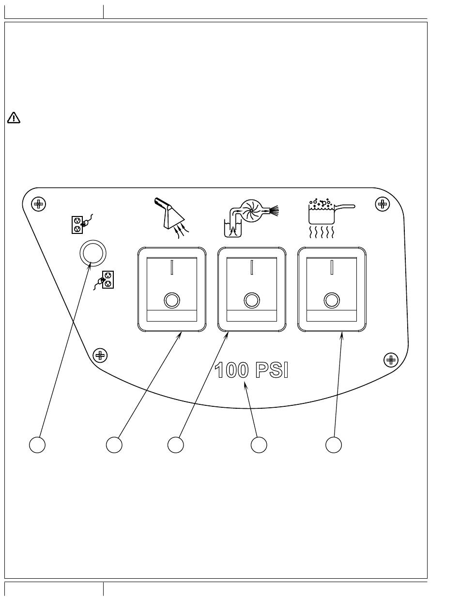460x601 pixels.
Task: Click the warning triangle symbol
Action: [14, 118]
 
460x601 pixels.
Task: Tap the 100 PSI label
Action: [251, 370]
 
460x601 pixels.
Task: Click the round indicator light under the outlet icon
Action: [93, 253]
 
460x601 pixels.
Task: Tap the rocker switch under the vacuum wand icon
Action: [172, 289]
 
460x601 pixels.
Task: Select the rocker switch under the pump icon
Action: [252, 289]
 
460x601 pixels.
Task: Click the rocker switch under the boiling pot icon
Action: [332, 289]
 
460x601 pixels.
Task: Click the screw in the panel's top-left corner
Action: [38, 204]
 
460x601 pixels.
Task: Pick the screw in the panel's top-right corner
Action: [383, 204]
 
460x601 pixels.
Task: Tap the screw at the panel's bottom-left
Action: [100, 355]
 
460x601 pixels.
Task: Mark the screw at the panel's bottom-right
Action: [391, 360]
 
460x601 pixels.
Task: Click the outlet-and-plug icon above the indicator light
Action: [82, 224]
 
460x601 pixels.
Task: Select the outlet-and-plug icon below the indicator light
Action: [104, 280]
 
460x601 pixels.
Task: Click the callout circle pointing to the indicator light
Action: [37, 445]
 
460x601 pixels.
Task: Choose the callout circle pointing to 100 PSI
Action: [259, 445]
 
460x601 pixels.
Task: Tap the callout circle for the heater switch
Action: [334, 445]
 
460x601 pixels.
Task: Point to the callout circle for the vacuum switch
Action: [114, 445]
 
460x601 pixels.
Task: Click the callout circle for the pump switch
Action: [176, 445]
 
